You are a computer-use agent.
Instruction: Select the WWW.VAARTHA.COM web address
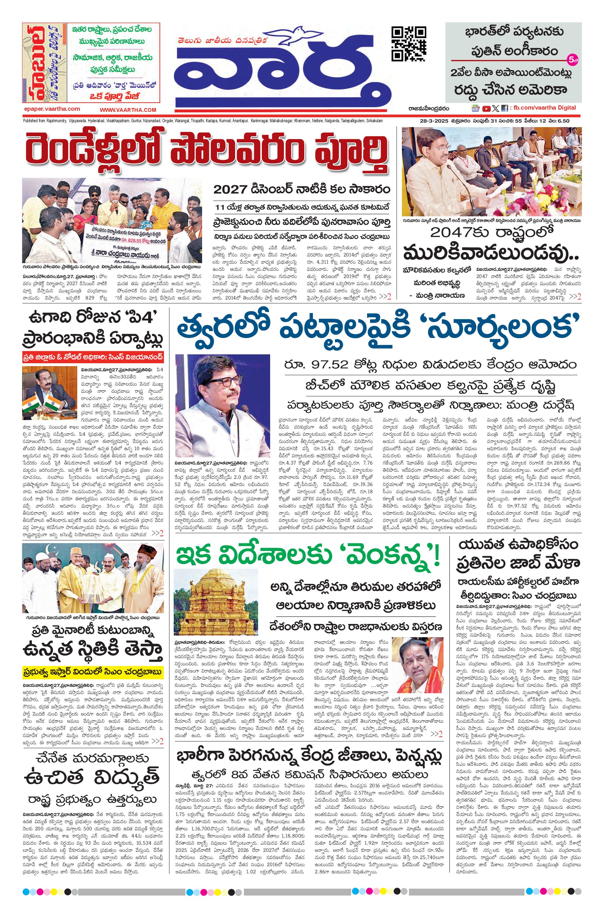click(x=128, y=110)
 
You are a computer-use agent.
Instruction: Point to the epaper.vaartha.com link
click(x=52, y=109)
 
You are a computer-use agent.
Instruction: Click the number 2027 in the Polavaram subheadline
click(x=230, y=190)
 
